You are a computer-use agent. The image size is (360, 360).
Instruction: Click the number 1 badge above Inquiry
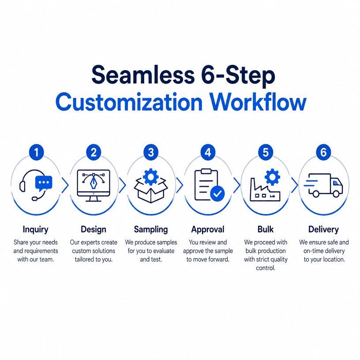point(36,152)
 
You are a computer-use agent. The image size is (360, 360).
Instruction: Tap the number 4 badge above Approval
point(208,152)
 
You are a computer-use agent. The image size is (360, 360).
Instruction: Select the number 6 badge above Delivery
point(323,152)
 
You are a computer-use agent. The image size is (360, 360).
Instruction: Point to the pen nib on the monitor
point(94,182)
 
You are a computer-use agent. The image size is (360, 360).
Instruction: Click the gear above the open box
point(150,177)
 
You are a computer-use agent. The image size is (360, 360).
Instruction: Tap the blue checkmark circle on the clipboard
point(217,194)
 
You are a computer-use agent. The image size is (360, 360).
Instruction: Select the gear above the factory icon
point(272,177)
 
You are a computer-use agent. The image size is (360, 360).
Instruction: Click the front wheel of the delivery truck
point(336,194)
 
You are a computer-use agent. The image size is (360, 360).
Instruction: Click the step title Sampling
point(151,229)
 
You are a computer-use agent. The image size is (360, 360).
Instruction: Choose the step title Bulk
point(266,229)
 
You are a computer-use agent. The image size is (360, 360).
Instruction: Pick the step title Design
point(94,229)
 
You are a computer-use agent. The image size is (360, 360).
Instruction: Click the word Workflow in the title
point(258,102)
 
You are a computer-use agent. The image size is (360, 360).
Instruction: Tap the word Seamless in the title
point(143,75)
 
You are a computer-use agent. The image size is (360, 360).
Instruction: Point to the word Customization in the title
point(129,102)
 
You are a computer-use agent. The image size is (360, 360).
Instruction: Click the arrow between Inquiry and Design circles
point(65,185)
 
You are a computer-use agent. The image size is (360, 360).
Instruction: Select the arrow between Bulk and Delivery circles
point(295,185)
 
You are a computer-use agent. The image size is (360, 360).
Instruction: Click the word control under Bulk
point(266,268)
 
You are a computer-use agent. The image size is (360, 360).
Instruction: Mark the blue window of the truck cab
point(336,183)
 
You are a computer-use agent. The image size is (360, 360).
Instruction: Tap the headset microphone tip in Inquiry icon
point(34,199)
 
